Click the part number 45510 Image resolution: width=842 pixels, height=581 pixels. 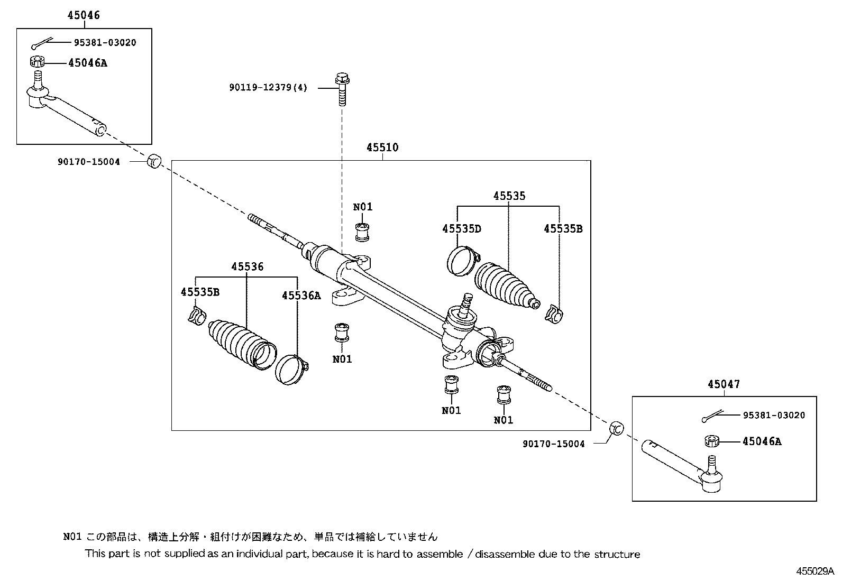tap(382, 147)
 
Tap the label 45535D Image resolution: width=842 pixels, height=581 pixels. tap(462, 228)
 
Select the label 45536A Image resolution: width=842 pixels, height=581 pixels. tap(301, 296)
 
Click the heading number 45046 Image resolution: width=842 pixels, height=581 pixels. tap(83, 15)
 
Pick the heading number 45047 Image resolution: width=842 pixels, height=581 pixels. tap(724, 384)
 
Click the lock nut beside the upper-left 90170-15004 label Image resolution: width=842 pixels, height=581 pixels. tap(153, 160)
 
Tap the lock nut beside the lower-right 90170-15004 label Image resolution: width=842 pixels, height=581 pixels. tap(617, 429)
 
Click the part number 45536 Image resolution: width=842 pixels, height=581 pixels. tap(247, 267)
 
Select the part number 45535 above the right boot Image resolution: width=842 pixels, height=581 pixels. tap(509, 196)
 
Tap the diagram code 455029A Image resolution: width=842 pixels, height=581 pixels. tap(814, 571)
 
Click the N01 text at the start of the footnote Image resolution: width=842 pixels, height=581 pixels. tap(72, 537)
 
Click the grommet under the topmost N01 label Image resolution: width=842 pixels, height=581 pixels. tap(362, 232)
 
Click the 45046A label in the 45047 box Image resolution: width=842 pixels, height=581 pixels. tap(761, 441)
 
